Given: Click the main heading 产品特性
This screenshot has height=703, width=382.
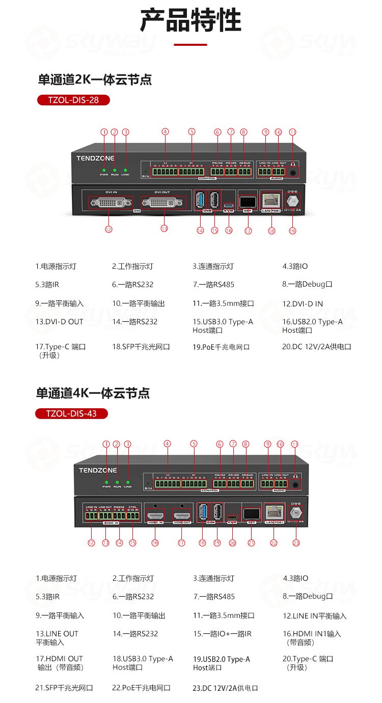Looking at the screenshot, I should tap(190, 20).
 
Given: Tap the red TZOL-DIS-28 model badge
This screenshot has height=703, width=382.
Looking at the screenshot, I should tap(73, 100).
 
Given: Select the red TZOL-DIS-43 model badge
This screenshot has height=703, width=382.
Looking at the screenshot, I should tap(71, 413).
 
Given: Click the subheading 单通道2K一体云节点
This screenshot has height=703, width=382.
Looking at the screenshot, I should tap(95, 79).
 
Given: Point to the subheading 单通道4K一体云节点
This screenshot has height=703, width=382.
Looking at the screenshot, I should tap(93, 393).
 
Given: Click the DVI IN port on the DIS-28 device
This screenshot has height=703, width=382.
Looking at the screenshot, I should tap(112, 203).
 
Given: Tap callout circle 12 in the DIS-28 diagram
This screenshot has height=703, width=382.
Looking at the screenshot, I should tap(108, 230).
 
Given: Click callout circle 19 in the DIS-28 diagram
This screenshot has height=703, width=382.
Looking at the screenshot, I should tap(292, 231).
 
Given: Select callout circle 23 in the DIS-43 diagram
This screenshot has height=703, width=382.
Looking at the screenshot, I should tap(296, 543).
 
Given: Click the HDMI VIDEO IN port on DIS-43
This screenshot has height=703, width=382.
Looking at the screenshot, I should tap(155, 513).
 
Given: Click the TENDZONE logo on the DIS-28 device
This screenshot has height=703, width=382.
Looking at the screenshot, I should tap(95, 158).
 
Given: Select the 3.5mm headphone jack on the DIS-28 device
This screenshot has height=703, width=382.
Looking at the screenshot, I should tap(292, 172).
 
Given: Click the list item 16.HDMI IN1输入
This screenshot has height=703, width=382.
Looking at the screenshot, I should tap(312, 634).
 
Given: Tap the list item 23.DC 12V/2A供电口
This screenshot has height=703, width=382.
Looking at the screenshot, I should tap(226, 688).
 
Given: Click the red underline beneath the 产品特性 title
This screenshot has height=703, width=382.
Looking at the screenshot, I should tap(190, 45).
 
